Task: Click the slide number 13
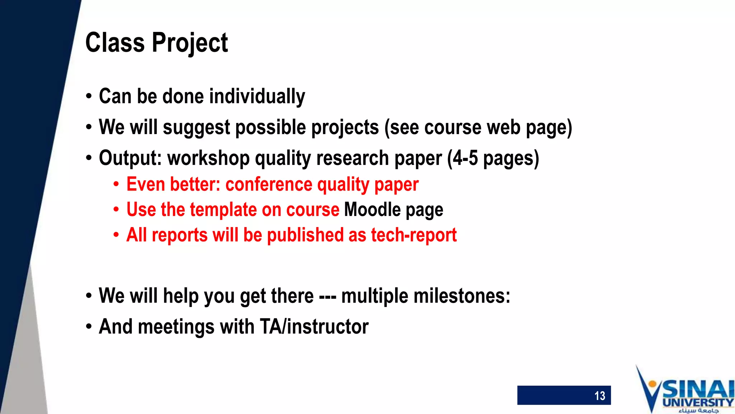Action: (600, 396)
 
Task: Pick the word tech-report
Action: (413, 235)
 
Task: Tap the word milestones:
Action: (462, 296)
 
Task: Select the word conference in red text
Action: (269, 184)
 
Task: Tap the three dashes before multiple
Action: (327, 297)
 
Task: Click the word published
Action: (305, 235)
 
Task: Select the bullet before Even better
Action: (116, 185)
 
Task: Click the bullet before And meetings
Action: (89, 327)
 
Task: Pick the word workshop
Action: (208, 158)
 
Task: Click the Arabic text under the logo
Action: (698, 410)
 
